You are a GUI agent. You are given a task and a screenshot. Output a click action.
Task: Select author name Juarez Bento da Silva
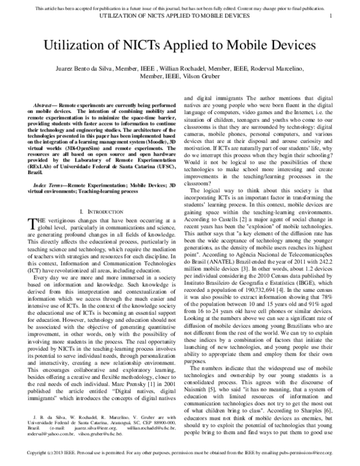click(93, 70)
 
